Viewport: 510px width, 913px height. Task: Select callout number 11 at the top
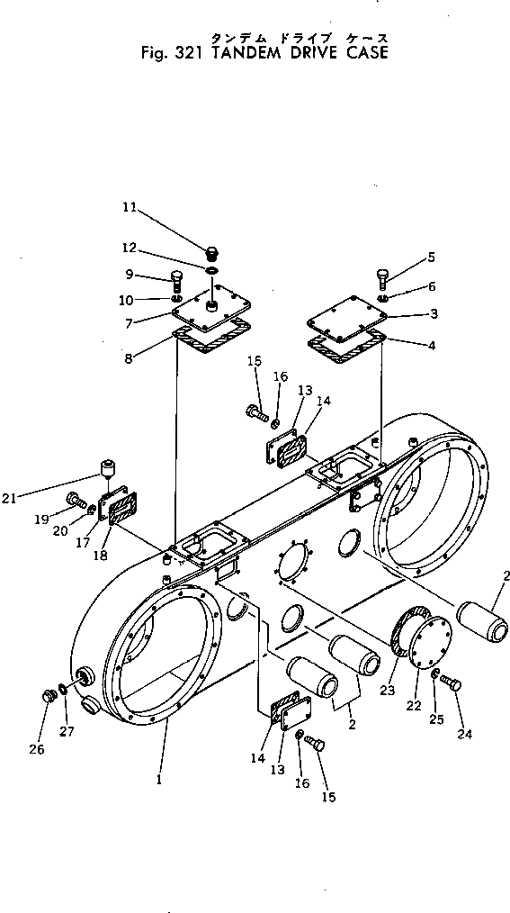(x=130, y=207)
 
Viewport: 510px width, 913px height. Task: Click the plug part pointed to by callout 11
(x=212, y=252)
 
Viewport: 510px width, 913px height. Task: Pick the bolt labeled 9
(x=176, y=277)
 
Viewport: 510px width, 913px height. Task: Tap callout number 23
(x=388, y=690)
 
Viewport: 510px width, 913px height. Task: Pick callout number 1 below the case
(x=158, y=780)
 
